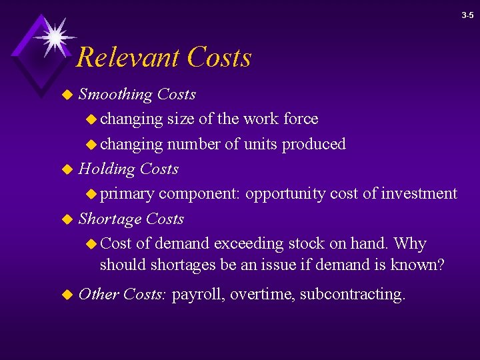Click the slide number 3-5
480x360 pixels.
pyautogui.click(x=467, y=15)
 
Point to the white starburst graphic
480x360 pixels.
pyautogui.click(x=53, y=36)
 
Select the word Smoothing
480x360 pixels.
pyautogui.click(x=115, y=95)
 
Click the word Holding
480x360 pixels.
pyautogui.click(x=107, y=169)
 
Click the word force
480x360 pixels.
pyautogui.click(x=301, y=119)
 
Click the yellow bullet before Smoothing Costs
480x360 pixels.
pyautogui.click(x=66, y=95)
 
